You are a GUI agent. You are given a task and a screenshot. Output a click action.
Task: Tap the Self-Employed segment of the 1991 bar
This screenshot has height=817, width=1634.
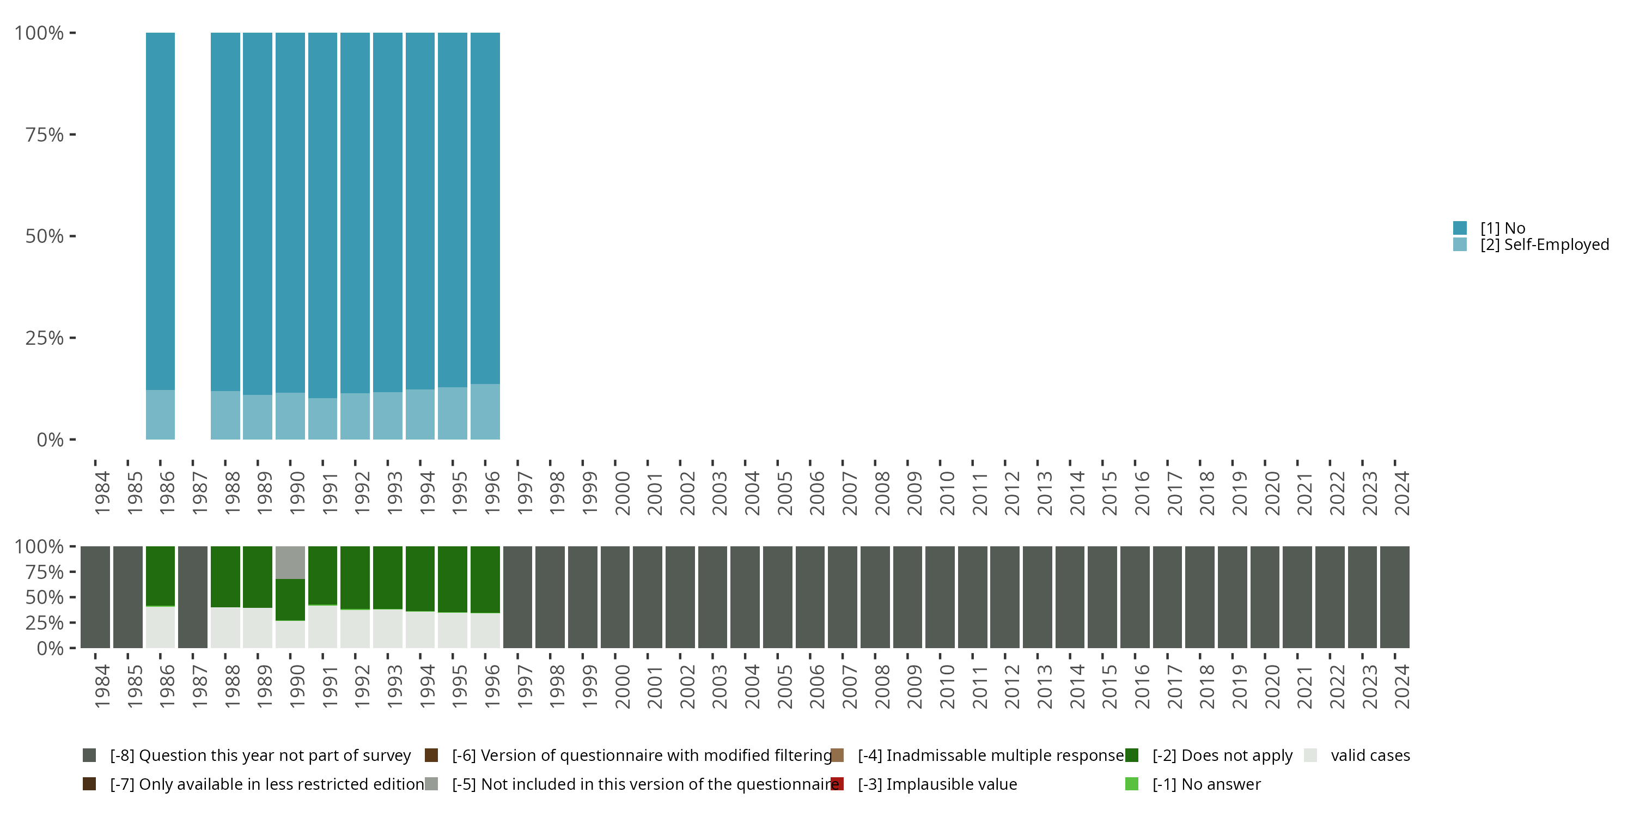coord(323,419)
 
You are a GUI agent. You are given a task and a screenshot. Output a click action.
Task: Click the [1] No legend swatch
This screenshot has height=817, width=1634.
coord(1460,228)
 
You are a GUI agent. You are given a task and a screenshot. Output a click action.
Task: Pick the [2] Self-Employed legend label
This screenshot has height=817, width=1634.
coord(1545,245)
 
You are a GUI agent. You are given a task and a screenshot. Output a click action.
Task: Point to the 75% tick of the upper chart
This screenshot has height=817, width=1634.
coord(72,135)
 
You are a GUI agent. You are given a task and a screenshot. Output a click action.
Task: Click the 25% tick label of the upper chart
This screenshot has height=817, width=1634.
coord(45,338)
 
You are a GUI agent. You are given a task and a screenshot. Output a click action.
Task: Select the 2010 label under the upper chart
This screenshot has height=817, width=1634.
coord(947,493)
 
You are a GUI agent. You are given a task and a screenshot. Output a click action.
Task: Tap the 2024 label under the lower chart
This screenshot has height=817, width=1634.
coord(1402,686)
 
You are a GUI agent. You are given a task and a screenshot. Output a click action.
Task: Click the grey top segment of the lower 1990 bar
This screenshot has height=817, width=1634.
coord(290,562)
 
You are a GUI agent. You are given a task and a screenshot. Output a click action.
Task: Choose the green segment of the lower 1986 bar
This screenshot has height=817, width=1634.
coord(161,575)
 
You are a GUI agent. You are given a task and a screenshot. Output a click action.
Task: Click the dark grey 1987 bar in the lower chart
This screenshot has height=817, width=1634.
coord(193,597)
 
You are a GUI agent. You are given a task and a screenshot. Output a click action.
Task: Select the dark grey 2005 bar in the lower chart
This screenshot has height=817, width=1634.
coord(778,597)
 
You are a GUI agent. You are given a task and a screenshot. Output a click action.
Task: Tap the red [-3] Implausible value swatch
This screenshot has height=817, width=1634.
coord(837,784)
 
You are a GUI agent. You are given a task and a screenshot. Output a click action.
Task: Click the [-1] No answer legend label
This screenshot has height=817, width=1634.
coord(1206,784)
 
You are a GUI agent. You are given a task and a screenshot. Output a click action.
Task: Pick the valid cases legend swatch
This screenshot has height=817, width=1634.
coord(1311,755)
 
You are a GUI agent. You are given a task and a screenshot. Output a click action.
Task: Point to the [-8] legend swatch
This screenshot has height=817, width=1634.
coord(89,755)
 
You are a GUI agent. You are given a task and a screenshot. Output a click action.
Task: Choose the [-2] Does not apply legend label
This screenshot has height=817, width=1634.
coord(1222,755)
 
